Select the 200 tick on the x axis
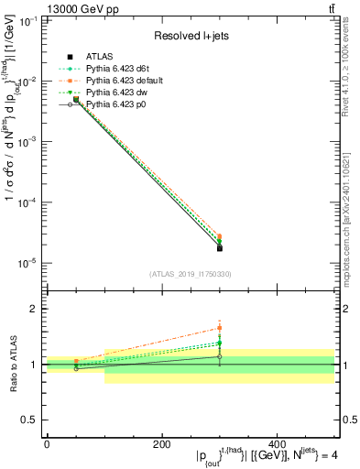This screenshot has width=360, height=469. (162, 444)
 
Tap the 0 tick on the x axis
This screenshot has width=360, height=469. (47, 444)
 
